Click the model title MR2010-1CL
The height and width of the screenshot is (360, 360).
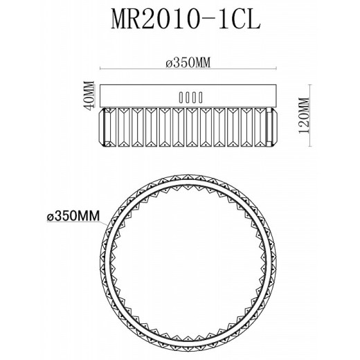point(186,19)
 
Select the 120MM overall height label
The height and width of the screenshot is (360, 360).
point(304,116)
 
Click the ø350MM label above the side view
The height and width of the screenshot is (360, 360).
point(188,62)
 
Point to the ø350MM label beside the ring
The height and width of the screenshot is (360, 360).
point(73,216)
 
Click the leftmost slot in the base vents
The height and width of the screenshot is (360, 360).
point(181,98)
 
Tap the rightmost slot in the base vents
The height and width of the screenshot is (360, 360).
point(201,98)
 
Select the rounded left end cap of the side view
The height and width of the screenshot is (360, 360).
point(102,127)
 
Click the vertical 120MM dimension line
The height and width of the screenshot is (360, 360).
point(310,116)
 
